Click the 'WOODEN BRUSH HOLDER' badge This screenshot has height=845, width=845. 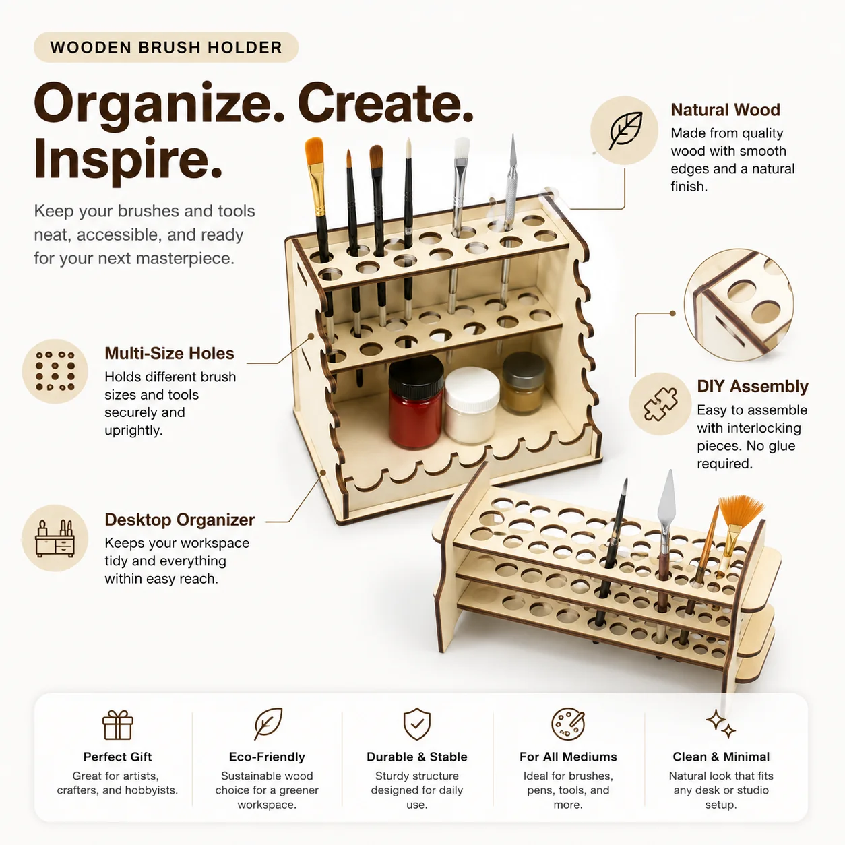coord(166,47)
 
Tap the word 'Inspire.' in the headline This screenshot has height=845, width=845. coord(128,159)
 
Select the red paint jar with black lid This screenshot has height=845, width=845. coord(416,402)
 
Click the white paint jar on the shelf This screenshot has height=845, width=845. coord(472,405)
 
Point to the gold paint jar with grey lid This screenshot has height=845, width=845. coord(524,383)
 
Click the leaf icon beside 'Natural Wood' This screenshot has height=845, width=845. coord(624,130)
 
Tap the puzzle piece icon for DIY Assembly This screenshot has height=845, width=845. coord(660,404)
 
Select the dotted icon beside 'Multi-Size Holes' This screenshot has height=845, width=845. coord(55,371)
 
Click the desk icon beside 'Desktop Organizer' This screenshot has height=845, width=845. coord(55,538)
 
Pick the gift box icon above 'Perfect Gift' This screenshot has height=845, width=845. coord(117,725)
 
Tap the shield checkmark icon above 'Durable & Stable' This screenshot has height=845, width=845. coord(416,724)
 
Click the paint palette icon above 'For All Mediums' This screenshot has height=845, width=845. coord(568,724)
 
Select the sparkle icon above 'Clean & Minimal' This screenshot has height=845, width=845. coord(721,724)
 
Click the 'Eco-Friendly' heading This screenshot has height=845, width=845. coord(267,757)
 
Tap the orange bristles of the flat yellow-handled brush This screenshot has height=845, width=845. coord(314,151)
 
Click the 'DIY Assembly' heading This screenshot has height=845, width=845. coord(753,386)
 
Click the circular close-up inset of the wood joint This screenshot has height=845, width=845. coord(739,305)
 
